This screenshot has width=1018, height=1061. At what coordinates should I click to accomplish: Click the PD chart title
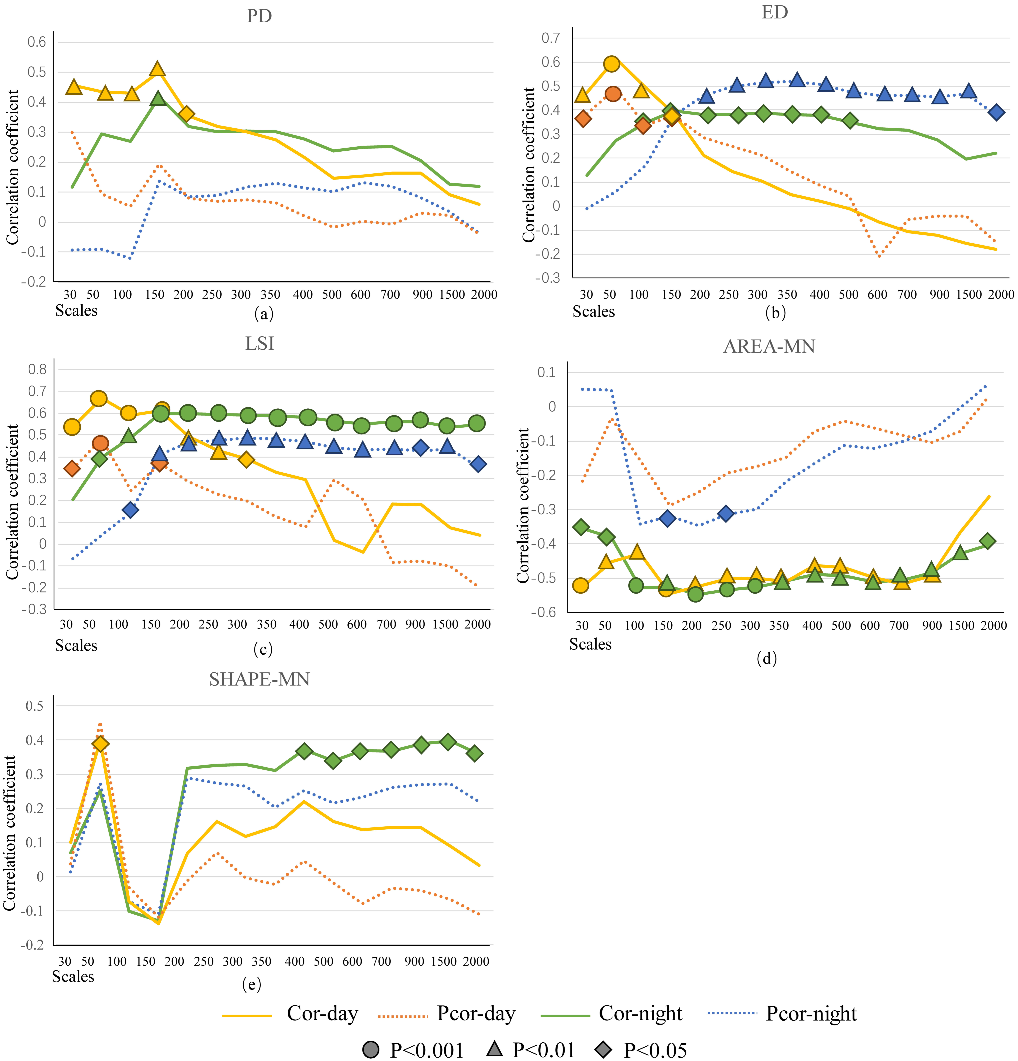point(259,16)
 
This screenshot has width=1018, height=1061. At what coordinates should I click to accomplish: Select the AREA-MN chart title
point(769,346)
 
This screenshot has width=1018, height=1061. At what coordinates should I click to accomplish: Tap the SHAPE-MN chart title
point(259,679)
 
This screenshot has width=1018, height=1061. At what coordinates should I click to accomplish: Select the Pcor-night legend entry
point(811,1013)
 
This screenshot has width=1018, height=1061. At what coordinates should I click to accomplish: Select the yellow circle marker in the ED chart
point(611,64)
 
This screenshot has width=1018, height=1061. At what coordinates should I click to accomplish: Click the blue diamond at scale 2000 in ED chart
point(996,113)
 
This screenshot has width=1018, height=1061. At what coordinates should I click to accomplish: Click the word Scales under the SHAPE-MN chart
point(73,976)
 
